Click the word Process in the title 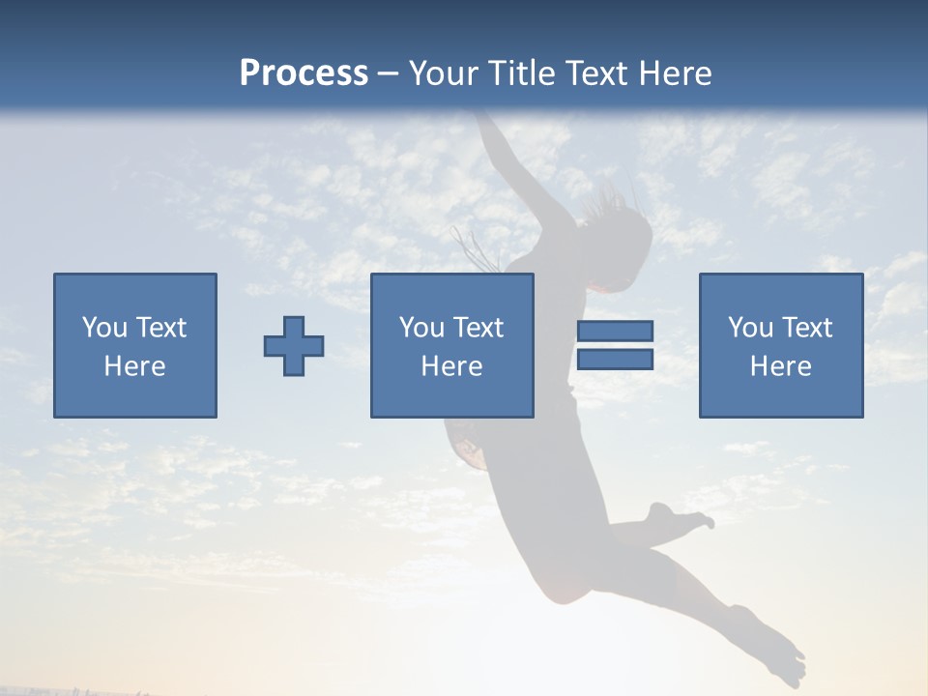coord(304,73)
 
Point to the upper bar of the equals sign coord(615,332)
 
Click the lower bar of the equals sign coord(615,360)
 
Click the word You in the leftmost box coord(103,328)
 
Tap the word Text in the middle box coord(478,328)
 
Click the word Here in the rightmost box coord(780,366)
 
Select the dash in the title coord(389,73)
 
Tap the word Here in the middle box coord(451,366)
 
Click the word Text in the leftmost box coord(160,328)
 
